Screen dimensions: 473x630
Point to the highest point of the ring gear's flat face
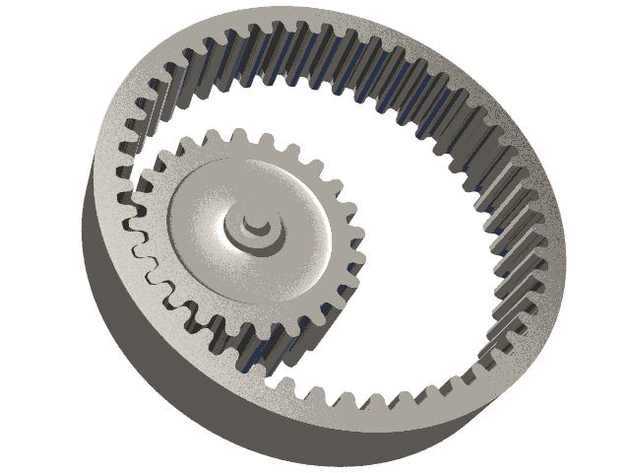(325, 14)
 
